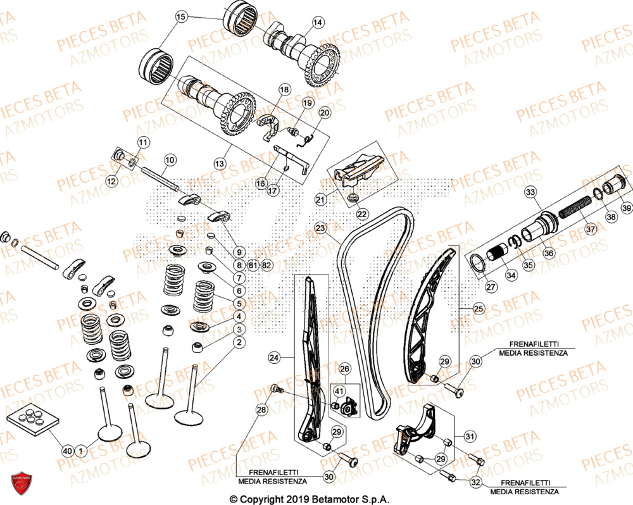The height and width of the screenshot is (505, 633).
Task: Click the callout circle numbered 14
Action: coord(318,22)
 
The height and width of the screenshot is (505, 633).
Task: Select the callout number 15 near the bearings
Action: coord(182,16)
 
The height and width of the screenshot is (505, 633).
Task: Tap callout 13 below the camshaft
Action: coord(219,163)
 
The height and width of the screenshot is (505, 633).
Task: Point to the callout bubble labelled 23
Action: coord(321,228)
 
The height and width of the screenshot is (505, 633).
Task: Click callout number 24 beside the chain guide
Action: coord(273,358)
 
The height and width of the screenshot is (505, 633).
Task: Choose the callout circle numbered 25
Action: coord(478,308)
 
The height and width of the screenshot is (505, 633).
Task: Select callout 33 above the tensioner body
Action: coord(530,191)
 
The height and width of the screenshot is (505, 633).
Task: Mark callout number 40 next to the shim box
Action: coord(67,451)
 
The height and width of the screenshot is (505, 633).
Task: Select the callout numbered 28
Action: coord(261,411)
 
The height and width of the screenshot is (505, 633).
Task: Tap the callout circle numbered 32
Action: coord(476,482)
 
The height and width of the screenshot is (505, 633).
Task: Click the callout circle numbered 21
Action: coord(321,200)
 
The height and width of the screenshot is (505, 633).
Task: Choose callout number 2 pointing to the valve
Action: coord(239,342)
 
